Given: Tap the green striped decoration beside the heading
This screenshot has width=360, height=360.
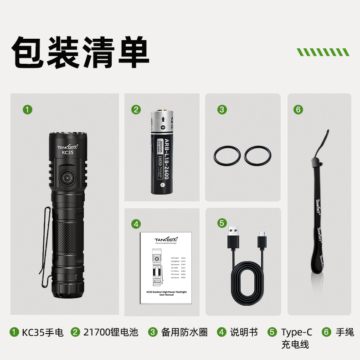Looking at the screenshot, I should pyautogui.click(x=325, y=51).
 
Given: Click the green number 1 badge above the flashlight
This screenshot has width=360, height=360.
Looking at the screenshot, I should pyautogui.click(x=28, y=109).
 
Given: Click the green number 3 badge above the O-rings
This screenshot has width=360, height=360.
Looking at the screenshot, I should pyautogui.click(x=222, y=109).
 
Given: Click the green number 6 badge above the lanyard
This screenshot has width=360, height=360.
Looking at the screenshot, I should pyautogui.click(x=299, y=109).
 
